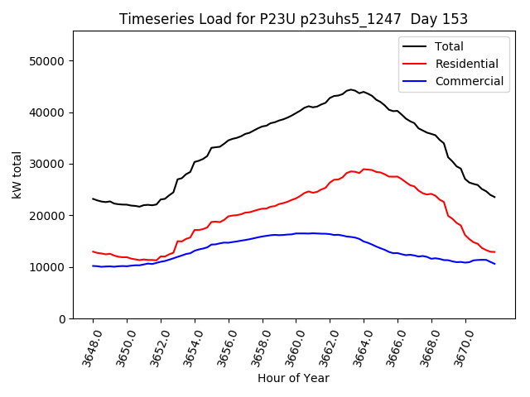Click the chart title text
[x=293, y=19]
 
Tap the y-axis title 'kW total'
[x=17, y=175]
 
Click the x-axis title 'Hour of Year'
[x=293, y=378]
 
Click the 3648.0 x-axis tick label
[x=89, y=347]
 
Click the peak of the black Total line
[x=350, y=89]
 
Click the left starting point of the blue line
[x=93, y=265]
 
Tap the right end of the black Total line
[x=494, y=197]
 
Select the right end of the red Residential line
[x=494, y=251]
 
